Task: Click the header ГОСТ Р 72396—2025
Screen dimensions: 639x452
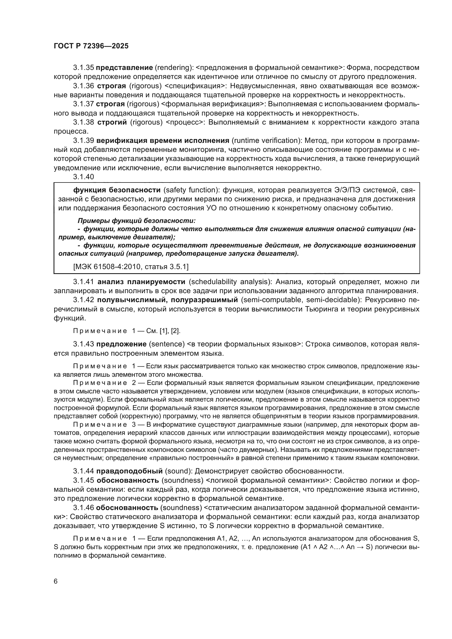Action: [x=91, y=46]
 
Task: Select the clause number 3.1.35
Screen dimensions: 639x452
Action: [x=84, y=68]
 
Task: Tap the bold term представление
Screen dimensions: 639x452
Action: [x=124, y=68]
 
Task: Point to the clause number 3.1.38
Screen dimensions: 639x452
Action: [x=84, y=122]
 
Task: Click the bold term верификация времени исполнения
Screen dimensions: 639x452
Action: [x=163, y=140]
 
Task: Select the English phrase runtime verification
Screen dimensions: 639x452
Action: [x=266, y=140]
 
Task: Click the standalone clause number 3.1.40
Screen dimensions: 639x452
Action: [x=84, y=177]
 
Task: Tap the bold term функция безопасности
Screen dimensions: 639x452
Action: [x=117, y=190]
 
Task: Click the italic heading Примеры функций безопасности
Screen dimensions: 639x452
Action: [x=136, y=221]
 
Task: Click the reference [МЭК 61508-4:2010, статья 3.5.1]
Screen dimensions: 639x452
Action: [x=131, y=267]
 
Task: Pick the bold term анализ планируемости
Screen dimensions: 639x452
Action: [x=141, y=282]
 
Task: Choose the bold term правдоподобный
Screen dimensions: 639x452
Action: [x=130, y=471]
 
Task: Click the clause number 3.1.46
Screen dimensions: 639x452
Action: [x=84, y=508]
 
